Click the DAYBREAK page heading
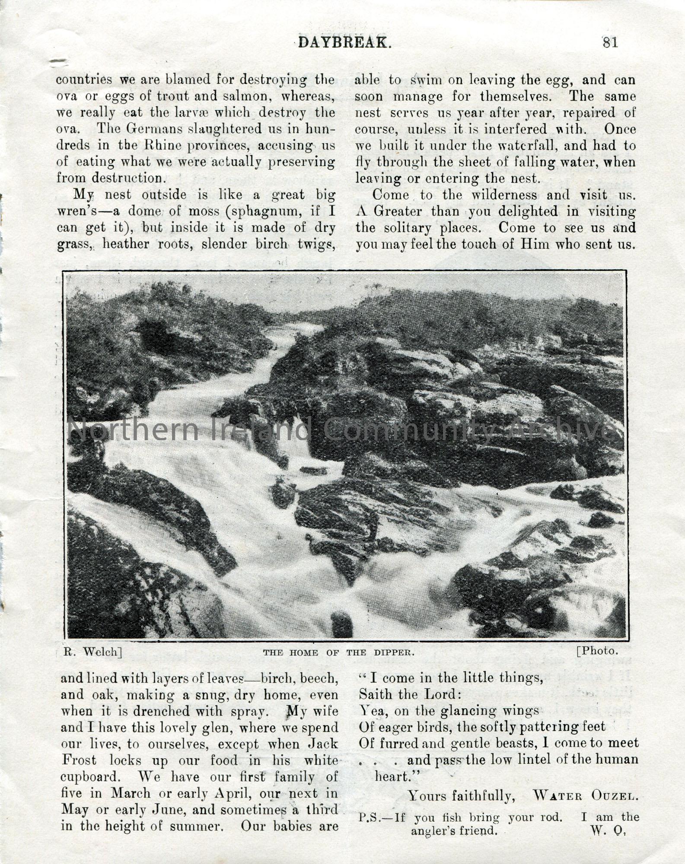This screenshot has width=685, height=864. point(345,42)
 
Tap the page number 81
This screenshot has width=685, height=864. point(609,42)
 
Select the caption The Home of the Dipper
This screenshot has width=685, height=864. point(338,652)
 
